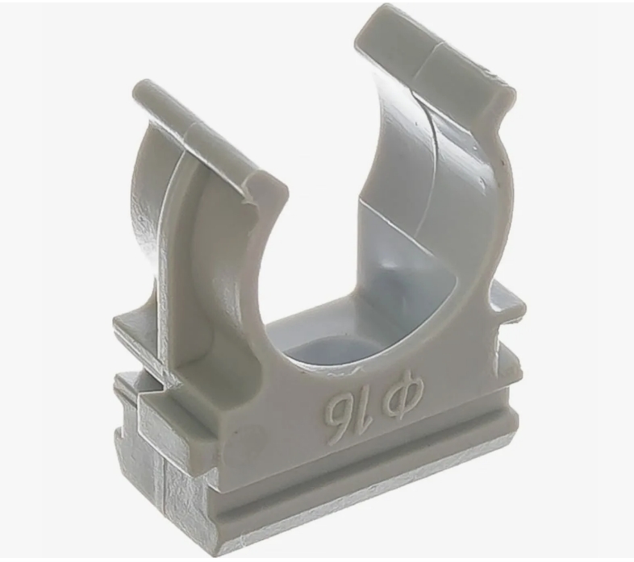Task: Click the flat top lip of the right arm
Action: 435,51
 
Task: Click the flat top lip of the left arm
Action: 211,137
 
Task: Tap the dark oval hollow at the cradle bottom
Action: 319,352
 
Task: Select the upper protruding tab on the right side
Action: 507,302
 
